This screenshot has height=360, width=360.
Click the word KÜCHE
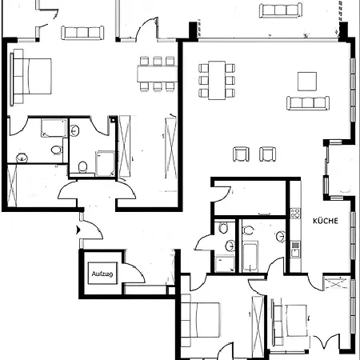326,221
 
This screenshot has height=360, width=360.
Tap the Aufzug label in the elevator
102,274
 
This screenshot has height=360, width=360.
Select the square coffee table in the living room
307,82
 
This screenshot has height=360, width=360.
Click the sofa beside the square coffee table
308,103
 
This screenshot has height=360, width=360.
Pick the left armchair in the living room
241,154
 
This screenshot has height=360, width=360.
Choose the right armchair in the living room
268,154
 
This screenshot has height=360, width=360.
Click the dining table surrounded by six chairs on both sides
217,80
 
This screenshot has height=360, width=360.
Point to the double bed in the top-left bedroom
31,76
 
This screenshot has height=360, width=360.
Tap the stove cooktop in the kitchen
295,214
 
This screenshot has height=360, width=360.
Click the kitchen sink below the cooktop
295,250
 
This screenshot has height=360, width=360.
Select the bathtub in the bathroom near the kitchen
250,257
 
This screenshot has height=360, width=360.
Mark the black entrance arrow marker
78,230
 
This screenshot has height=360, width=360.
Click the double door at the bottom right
326,342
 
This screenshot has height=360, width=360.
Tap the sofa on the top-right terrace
281,10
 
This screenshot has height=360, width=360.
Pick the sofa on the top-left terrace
82,33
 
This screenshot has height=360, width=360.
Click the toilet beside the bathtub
248,230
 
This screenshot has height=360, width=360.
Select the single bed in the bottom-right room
290,322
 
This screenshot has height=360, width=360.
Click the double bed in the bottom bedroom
201,320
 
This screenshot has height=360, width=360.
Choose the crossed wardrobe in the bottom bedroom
258,326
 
